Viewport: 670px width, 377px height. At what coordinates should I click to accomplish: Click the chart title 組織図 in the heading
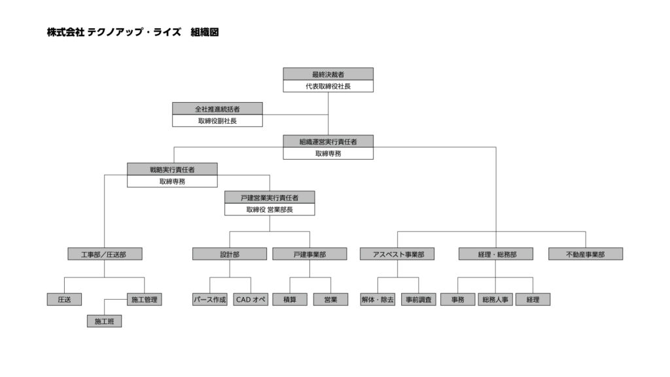click(205, 32)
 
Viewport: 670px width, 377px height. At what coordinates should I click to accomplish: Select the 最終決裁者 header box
click(328, 74)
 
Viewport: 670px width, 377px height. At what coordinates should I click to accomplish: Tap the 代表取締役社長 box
click(328, 86)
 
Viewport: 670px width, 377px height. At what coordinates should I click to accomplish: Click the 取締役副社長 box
click(217, 120)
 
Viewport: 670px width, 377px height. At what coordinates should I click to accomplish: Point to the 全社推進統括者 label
click(217, 109)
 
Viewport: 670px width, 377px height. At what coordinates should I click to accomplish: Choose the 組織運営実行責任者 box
click(328, 141)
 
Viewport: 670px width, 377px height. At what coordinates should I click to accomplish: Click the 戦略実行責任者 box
click(172, 170)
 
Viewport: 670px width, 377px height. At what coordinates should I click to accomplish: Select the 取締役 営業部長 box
click(270, 209)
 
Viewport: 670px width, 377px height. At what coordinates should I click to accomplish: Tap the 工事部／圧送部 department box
click(105, 255)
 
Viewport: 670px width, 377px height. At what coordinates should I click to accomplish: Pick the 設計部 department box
click(230, 255)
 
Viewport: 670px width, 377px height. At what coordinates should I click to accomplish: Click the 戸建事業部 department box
click(309, 255)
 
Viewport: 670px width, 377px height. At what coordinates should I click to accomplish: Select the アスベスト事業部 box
click(397, 255)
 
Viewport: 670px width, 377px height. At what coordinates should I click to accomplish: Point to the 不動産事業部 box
click(586, 255)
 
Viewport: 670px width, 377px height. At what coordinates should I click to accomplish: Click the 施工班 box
click(104, 321)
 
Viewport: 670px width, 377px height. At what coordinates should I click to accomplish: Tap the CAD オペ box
click(251, 299)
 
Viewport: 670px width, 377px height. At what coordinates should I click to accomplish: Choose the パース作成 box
click(210, 299)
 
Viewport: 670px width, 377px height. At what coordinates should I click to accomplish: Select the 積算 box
click(290, 299)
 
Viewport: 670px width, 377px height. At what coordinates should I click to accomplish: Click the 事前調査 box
click(418, 299)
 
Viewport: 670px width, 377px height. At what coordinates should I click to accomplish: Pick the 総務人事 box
click(495, 299)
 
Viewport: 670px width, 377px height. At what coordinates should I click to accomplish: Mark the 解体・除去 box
click(378, 299)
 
